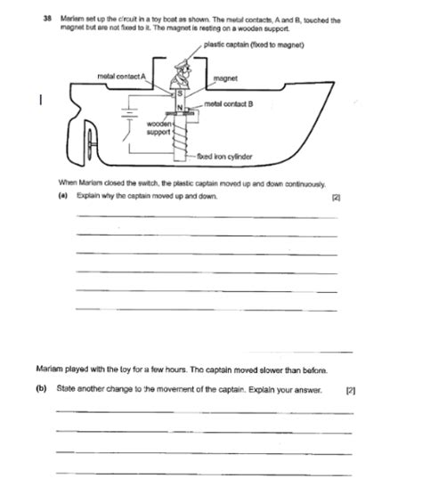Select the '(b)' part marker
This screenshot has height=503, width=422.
[42, 389]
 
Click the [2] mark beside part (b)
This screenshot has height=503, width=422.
[351, 389]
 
